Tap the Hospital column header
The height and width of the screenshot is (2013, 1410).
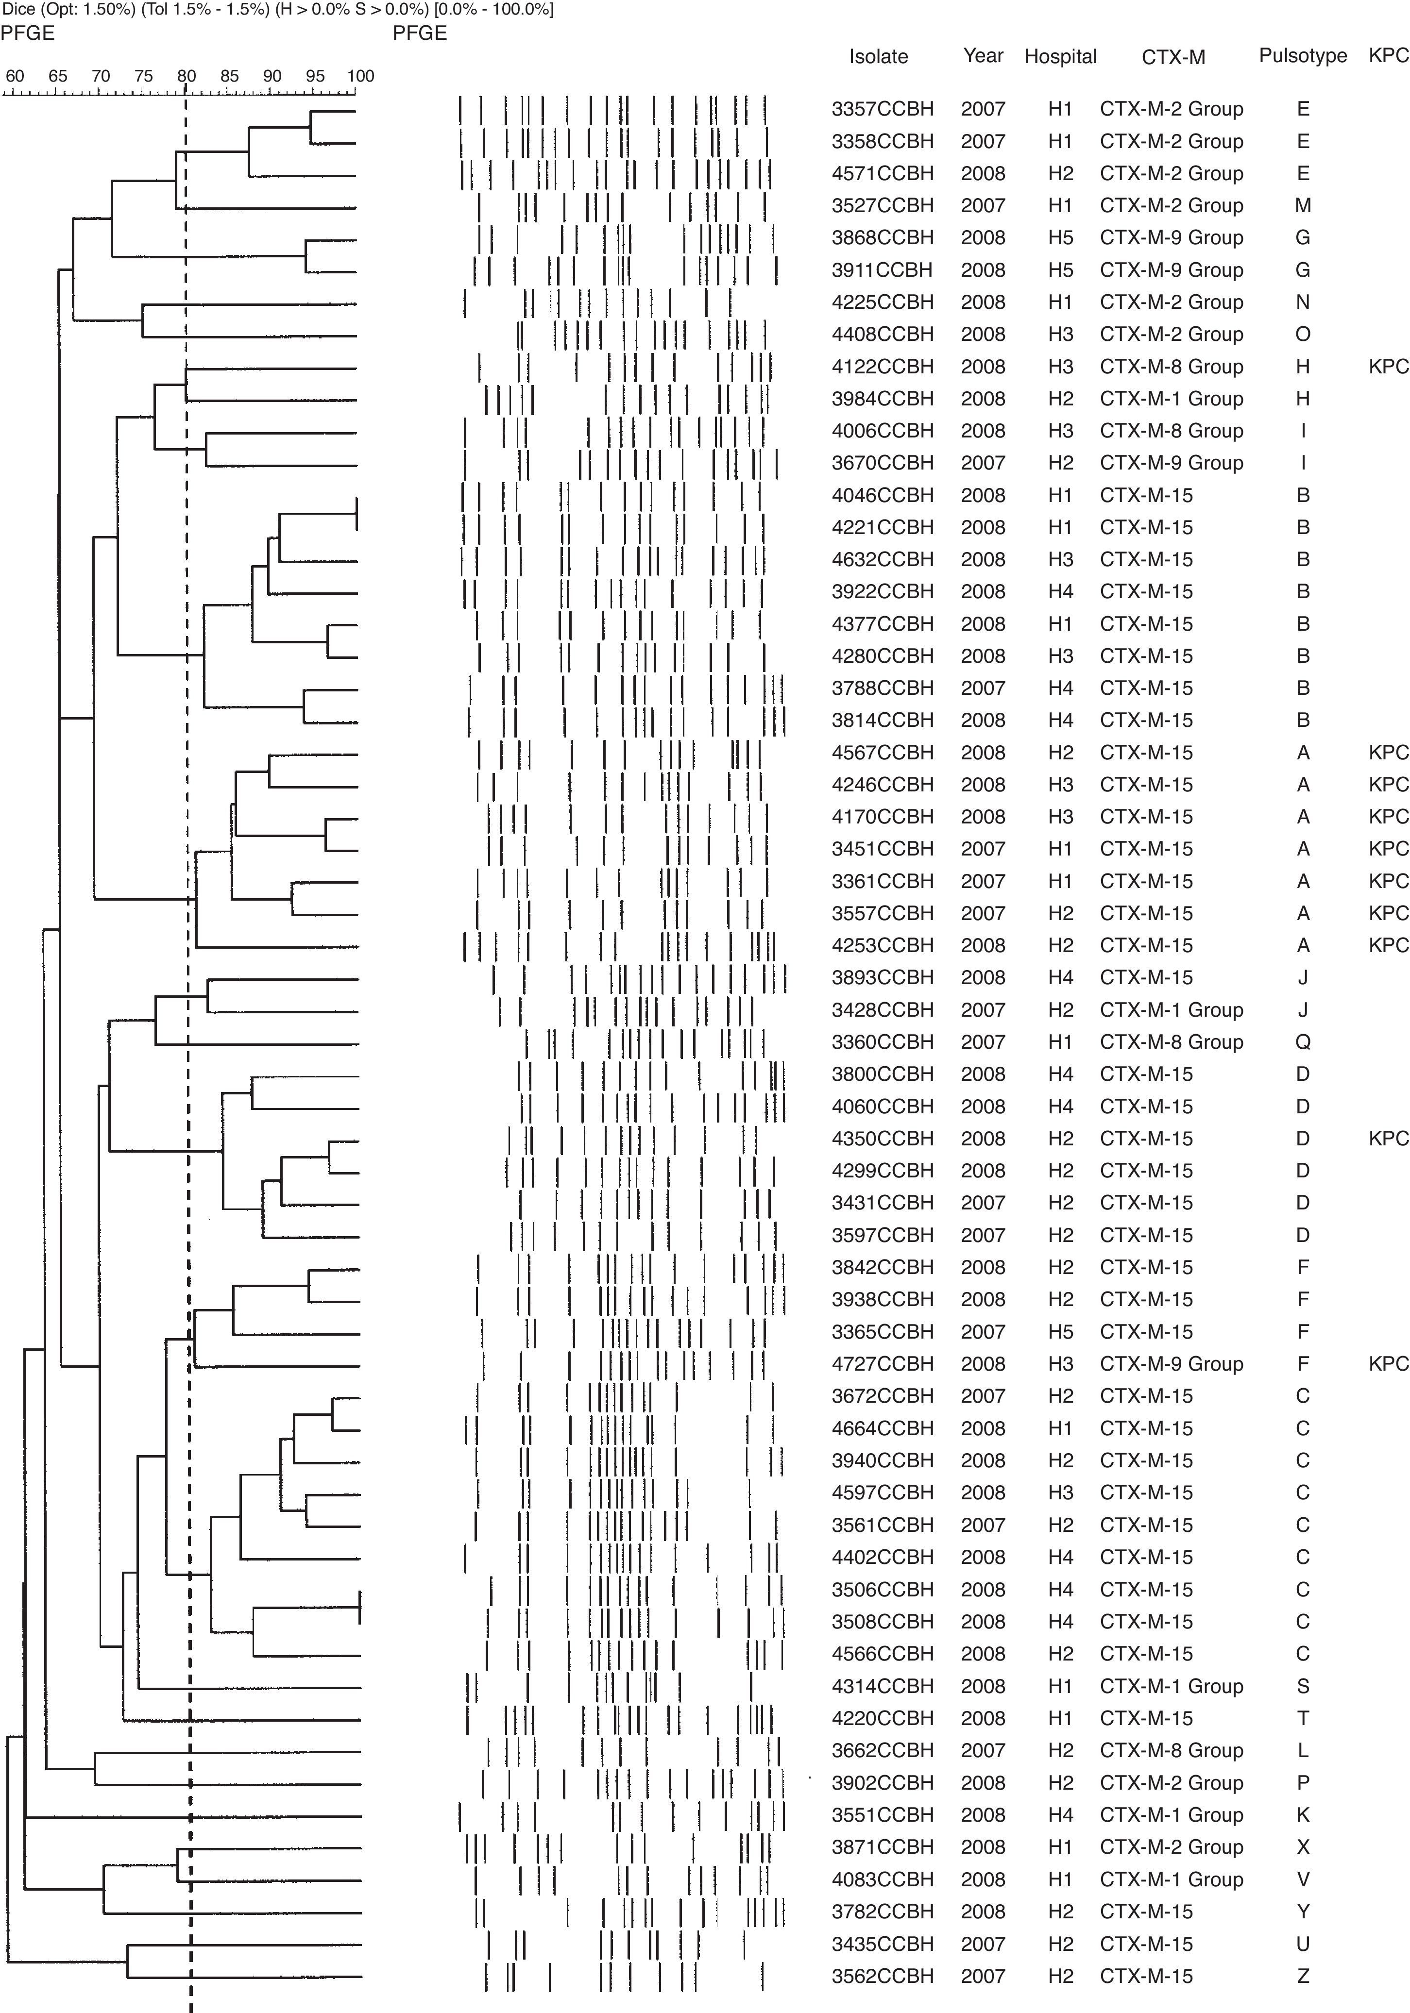(x=1060, y=57)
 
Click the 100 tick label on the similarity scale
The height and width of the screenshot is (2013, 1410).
(x=360, y=76)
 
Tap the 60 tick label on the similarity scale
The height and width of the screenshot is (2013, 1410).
(x=15, y=76)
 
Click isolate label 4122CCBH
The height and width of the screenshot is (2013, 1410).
(x=882, y=367)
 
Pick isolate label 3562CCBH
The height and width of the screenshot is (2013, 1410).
(x=882, y=1975)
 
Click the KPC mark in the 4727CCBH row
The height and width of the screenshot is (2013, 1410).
(x=1388, y=1363)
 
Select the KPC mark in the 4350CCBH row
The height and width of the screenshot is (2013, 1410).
(x=1388, y=1138)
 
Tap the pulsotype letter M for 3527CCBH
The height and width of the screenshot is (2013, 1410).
(x=1303, y=206)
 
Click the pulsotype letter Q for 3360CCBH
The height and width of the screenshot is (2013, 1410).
(x=1303, y=1041)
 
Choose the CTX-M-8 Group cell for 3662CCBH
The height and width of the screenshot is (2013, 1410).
(x=1172, y=1750)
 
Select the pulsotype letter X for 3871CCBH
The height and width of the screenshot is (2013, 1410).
(x=1303, y=1846)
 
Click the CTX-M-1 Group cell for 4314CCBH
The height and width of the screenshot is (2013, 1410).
(x=1172, y=1686)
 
